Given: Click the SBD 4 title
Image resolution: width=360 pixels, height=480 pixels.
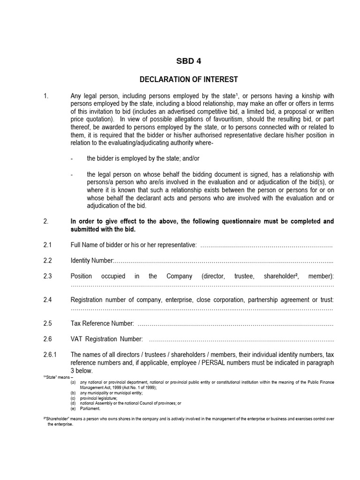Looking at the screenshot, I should [x=188, y=61].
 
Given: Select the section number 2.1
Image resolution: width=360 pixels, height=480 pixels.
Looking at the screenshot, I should [x=47, y=245].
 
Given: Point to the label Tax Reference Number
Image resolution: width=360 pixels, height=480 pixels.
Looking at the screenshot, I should [x=102, y=323].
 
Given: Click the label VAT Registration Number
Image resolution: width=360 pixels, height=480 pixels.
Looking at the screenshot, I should [x=106, y=339].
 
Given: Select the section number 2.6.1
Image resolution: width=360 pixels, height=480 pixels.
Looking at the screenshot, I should [x=50, y=354].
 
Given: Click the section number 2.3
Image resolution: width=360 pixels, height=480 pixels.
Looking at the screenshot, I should [x=47, y=276].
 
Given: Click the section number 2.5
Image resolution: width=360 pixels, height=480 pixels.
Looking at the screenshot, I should [x=47, y=323].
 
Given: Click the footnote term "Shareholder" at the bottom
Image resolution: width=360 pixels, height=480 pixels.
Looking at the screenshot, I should [x=57, y=419].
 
